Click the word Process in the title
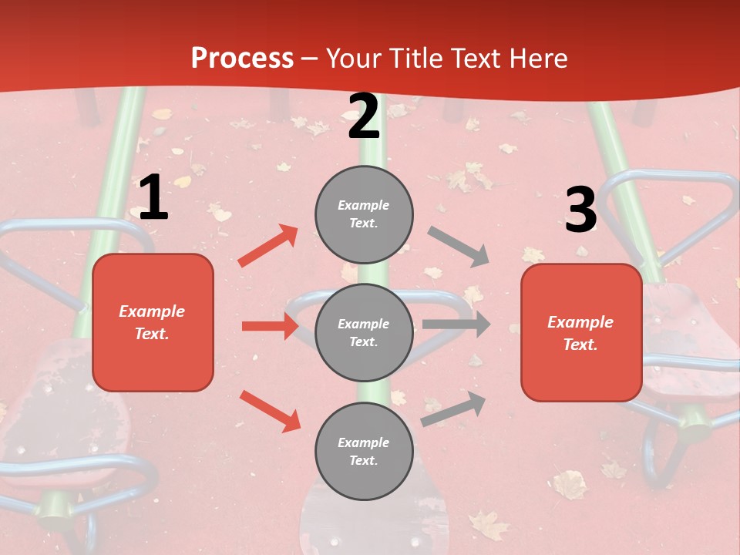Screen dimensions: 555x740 [242, 59]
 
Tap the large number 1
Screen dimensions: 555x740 [153, 198]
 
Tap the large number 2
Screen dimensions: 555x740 [364, 117]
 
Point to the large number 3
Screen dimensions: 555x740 [580, 210]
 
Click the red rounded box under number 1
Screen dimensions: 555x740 [153, 322]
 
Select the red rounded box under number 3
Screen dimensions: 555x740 [581, 333]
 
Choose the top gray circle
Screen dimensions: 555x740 [364, 214]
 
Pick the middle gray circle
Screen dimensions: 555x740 [364, 332]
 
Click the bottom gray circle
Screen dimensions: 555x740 [364, 451]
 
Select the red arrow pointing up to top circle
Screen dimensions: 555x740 [268, 246]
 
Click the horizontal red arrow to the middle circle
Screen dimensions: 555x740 [270, 326]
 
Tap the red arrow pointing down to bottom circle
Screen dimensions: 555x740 [270, 411]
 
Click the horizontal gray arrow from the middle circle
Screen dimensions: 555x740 [456, 325]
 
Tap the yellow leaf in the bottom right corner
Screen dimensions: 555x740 [570, 484]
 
